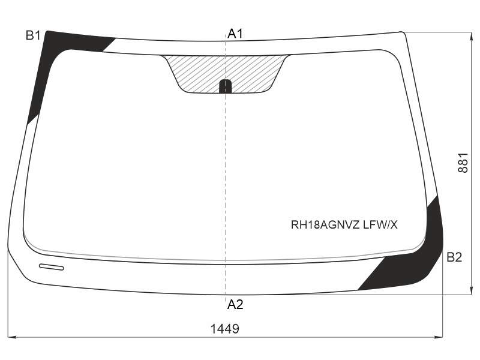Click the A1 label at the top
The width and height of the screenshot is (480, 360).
coord(235,34)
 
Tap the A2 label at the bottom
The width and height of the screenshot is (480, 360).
coord(235,304)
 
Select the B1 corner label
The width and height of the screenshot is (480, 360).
coord(33,36)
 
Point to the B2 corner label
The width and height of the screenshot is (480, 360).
coord(454,257)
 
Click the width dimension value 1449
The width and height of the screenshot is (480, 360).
coord(224,329)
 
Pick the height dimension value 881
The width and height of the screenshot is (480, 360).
coord(463,163)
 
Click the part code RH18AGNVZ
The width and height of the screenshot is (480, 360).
coord(325,225)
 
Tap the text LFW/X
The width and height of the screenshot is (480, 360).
coord(380,225)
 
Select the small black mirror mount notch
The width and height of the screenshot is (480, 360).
coord(226,86)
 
